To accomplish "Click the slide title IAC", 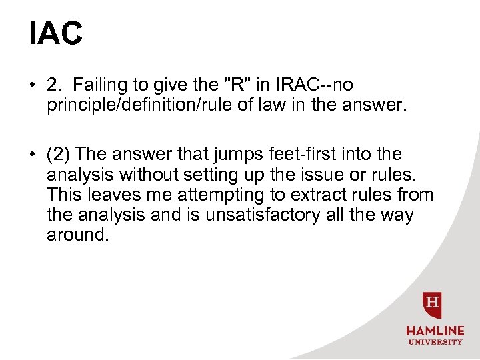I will click(55, 33).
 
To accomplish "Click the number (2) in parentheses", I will click(59, 155).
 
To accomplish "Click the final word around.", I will click(77, 235).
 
